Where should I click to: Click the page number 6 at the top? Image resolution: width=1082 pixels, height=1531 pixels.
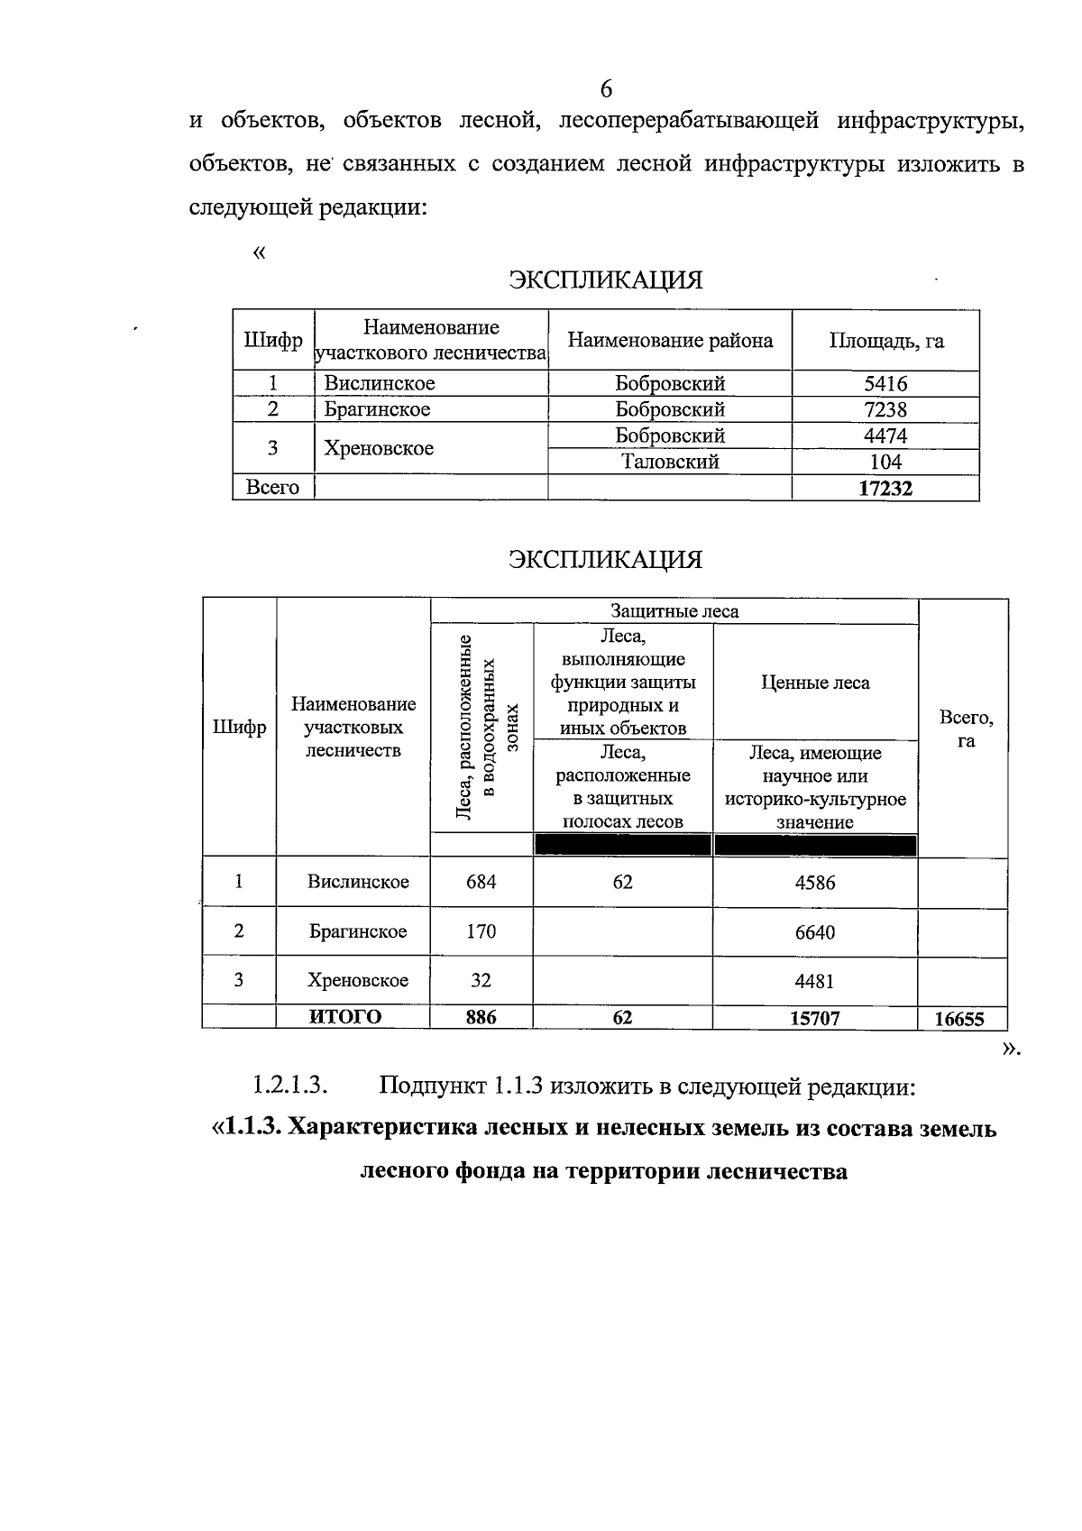(x=605, y=88)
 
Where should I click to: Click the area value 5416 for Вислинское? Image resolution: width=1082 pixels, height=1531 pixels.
(x=885, y=383)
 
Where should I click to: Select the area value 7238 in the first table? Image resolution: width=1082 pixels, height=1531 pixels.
(x=885, y=409)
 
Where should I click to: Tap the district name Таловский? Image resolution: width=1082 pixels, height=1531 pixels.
(x=670, y=462)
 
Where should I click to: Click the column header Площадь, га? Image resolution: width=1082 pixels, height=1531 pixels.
(x=885, y=341)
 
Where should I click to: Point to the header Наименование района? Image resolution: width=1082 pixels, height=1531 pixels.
(x=670, y=341)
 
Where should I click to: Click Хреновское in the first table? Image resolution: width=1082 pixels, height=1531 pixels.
(x=379, y=448)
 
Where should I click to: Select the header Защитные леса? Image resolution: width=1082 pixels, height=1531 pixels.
(x=674, y=611)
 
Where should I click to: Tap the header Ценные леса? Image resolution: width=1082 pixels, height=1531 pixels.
(x=815, y=683)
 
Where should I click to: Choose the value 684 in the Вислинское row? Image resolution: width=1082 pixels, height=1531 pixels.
(x=481, y=882)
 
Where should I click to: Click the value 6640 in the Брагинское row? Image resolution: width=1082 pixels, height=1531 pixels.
(x=814, y=932)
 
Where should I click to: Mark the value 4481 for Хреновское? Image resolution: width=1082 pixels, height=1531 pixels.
(x=814, y=981)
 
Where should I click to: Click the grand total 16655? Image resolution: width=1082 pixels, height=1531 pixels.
(x=959, y=1019)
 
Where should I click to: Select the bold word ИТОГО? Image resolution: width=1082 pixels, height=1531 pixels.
(x=345, y=1017)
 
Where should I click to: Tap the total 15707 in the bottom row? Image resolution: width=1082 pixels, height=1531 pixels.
(x=814, y=1018)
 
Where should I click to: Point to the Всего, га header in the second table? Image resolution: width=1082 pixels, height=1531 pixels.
(x=966, y=729)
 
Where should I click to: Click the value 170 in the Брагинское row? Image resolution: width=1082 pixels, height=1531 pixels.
(x=481, y=931)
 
